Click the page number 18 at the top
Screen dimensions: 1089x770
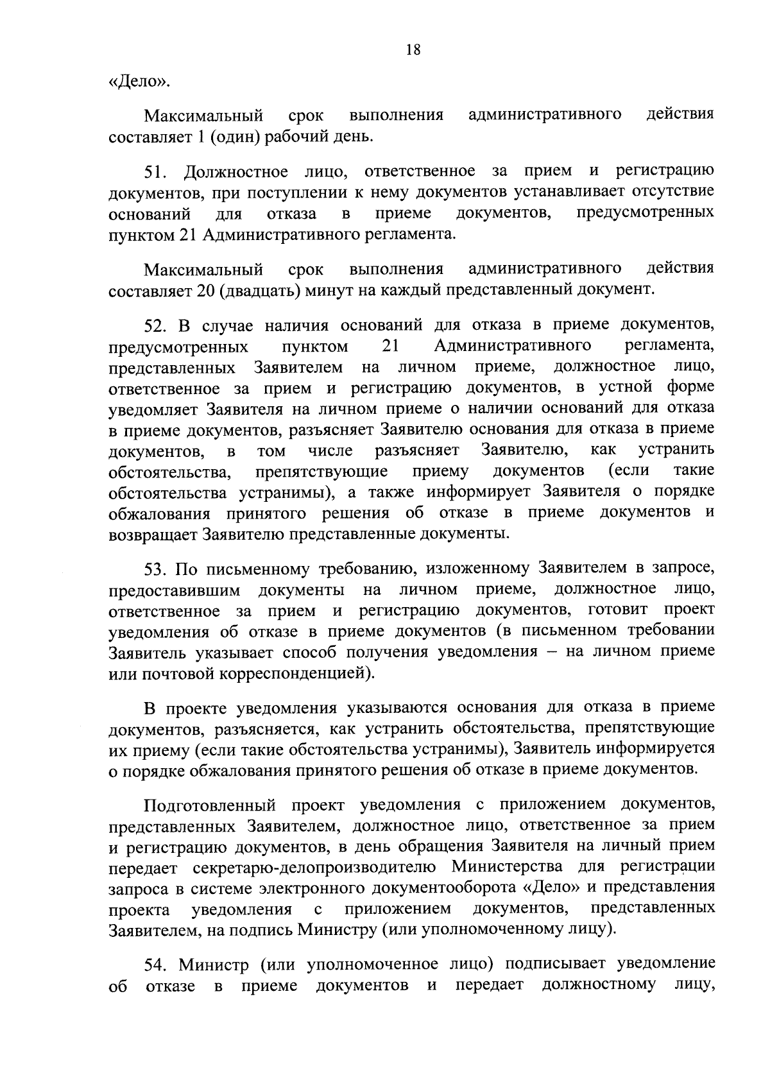(413, 50)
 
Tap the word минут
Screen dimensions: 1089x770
(330, 290)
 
